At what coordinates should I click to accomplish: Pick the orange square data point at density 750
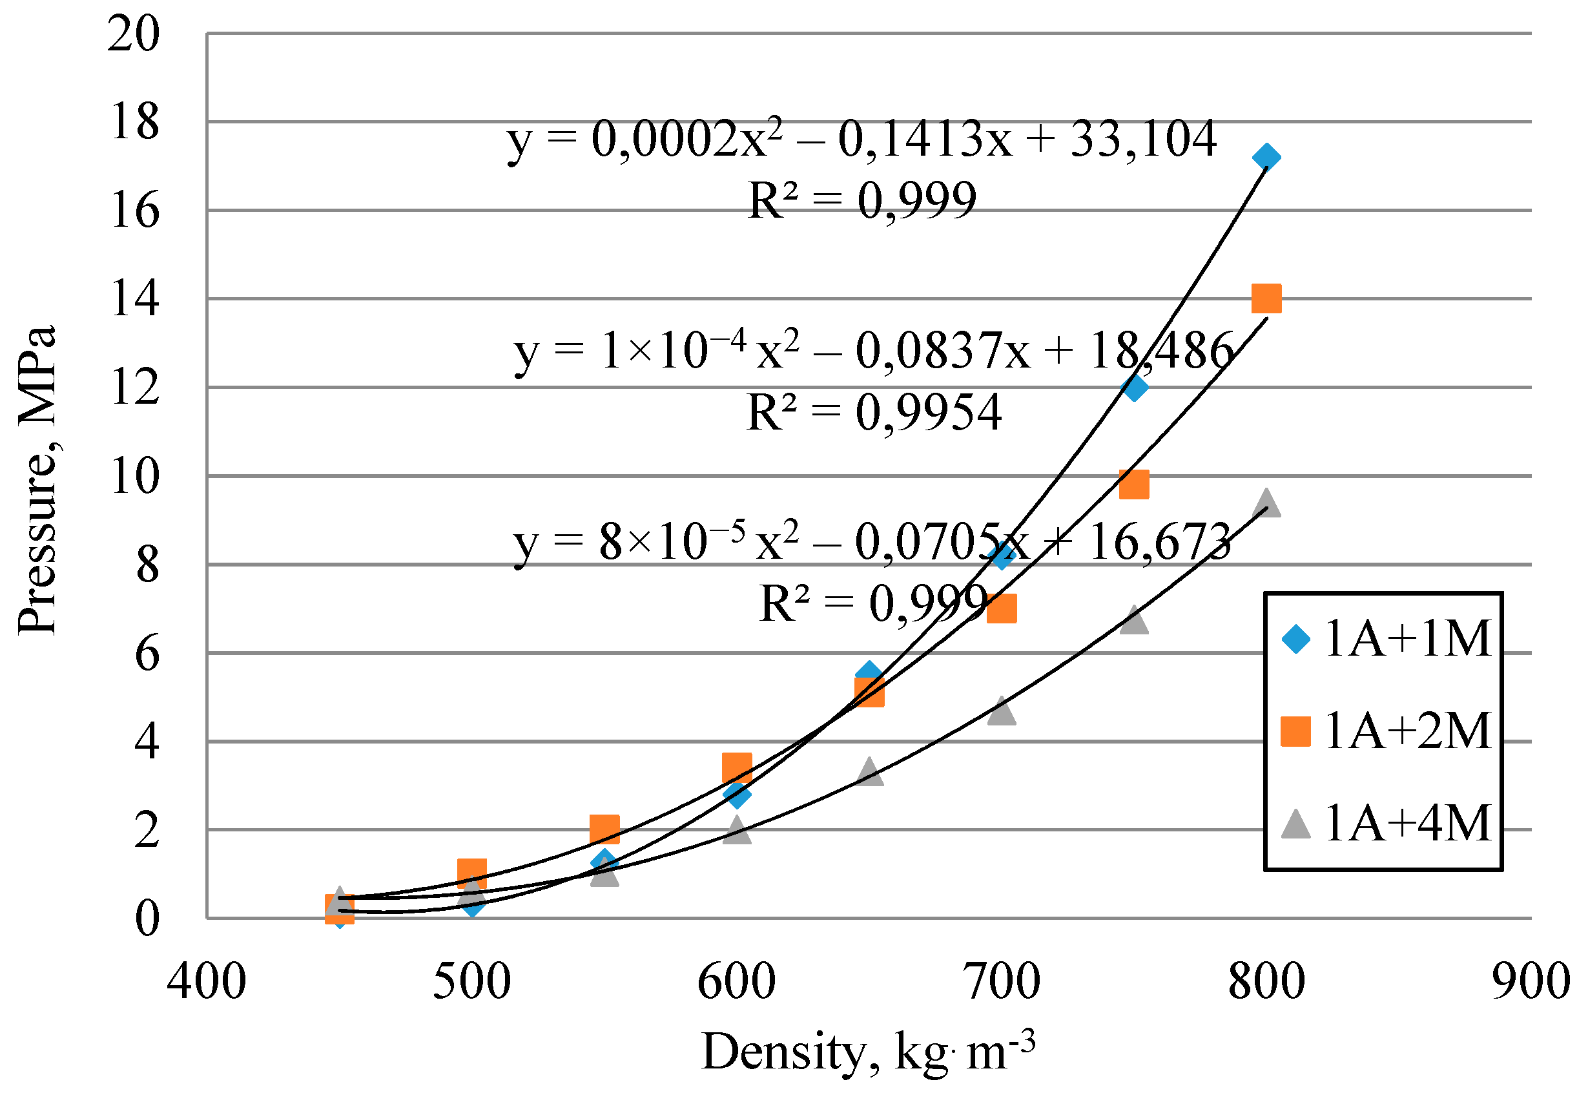pyautogui.click(x=1133, y=485)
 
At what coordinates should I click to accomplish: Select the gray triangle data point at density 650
pyautogui.click(x=869, y=773)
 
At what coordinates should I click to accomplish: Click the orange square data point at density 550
pyautogui.click(x=604, y=829)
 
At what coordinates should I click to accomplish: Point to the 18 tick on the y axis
pyautogui.click(x=134, y=122)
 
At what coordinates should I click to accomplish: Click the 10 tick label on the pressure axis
pyautogui.click(x=134, y=476)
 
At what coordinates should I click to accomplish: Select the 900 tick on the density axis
pyautogui.click(x=1531, y=981)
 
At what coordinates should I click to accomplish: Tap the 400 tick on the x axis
pyautogui.click(x=207, y=981)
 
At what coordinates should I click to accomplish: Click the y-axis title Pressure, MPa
pyautogui.click(x=37, y=479)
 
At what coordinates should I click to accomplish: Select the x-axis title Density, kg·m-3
pyautogui.click(x=868, y=1051)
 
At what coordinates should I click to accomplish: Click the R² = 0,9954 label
pyautogui.click(x=873, y=412)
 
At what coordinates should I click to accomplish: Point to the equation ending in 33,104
pyautogui.click(x=861, y=139)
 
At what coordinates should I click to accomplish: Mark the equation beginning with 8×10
pyautogui.click(x=872, y=542)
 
